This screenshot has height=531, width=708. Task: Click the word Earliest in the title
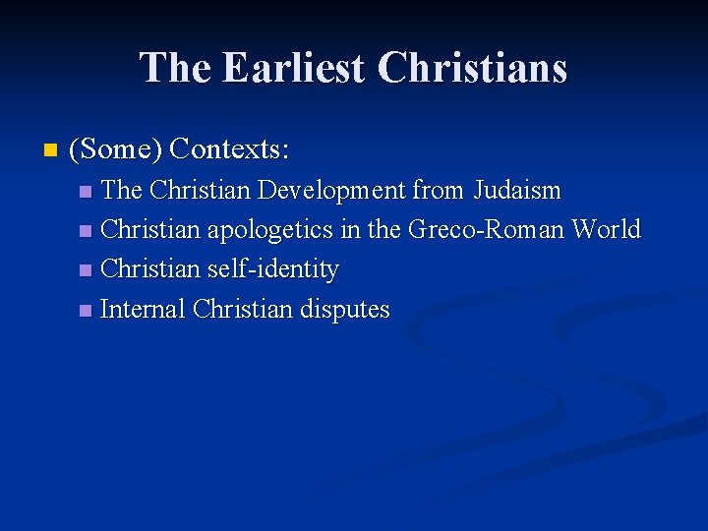293,68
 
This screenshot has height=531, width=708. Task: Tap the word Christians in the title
472,68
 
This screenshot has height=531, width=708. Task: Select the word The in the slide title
176,68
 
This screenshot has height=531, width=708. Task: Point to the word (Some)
115,149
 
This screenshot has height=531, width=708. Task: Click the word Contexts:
229,149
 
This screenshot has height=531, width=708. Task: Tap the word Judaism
518,190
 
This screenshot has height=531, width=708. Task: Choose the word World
607,230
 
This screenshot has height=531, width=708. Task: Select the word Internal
144,310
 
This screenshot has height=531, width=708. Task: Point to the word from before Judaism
440,190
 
